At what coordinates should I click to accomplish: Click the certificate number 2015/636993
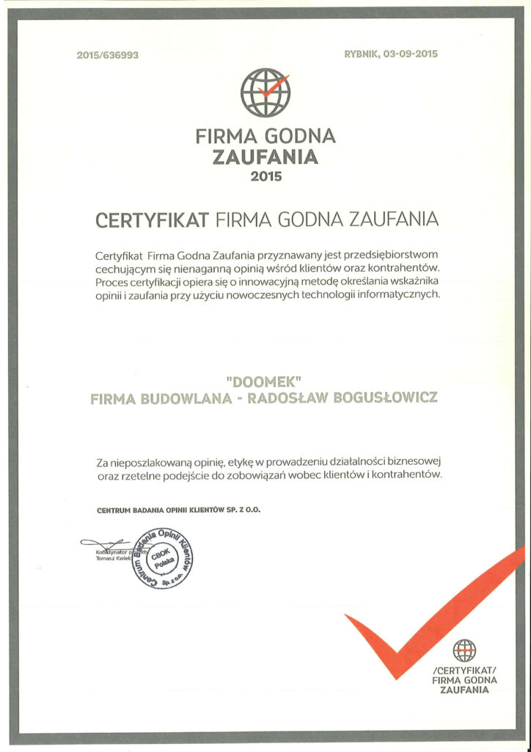pos(107,55)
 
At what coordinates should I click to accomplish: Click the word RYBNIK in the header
pos(362,55)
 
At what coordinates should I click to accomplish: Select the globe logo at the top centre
pos(265,92)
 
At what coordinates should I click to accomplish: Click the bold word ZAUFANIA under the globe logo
pos(265,156)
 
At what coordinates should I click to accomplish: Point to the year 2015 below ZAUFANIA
pos(265,176)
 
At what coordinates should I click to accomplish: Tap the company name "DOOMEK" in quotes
pos(265,383)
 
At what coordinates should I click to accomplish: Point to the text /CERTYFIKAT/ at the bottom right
pos(465,670)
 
